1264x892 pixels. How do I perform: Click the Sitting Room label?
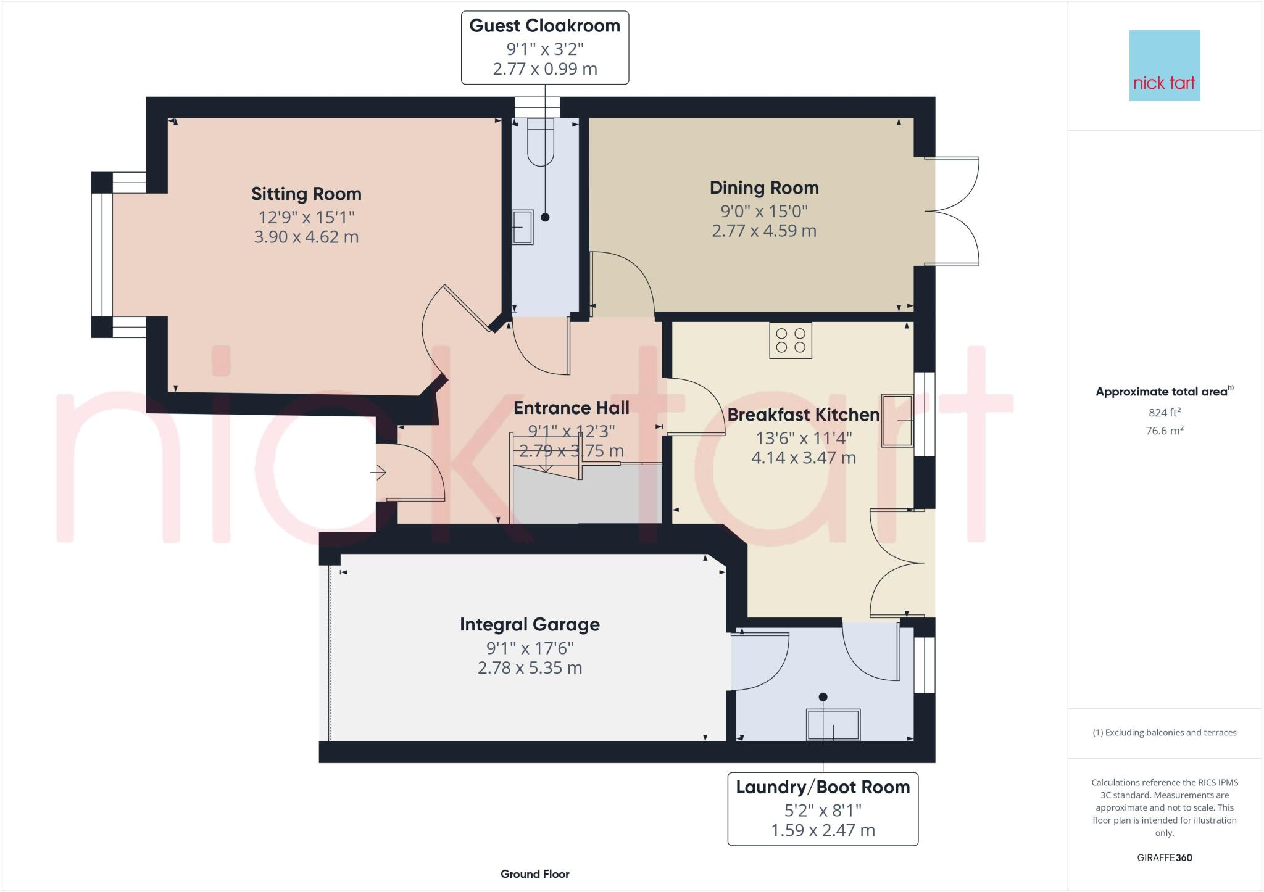(x=306, y=194)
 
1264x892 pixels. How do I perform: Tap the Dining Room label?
(x=764, y=188)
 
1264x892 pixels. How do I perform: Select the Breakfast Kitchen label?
(x=804, y=415)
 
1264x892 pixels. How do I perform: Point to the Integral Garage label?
(x=530, y=625)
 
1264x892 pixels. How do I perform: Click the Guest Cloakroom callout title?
(x=544, y=26)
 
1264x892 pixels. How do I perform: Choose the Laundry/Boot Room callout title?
(x=823, y=787)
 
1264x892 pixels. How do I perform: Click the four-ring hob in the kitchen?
(x=791, y=341)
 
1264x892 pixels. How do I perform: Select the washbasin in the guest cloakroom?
(x=522, y=227)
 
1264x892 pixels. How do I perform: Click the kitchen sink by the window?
(x=897, y=420)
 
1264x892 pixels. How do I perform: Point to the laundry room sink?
(x=833, y=724)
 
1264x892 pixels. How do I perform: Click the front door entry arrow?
(x=378, y=473)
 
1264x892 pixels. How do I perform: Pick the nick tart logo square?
(x=1165, y=65)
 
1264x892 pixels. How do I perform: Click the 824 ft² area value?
(x=1165, y=413)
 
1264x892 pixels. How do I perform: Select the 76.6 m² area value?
(x=1165, y=431)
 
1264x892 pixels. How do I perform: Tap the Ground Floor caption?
(x=535, y=874)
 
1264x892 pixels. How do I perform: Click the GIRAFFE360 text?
(x=1165, y=857)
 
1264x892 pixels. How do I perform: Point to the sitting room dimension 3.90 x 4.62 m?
(x=306, y=237)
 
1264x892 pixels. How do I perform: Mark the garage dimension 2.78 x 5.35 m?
(x=530, y=668)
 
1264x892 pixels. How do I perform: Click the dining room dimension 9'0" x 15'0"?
(x=764, y=211)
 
